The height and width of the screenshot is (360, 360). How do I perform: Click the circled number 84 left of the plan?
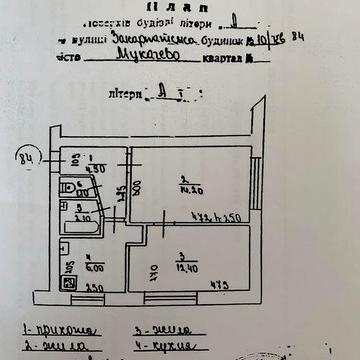[29, 156]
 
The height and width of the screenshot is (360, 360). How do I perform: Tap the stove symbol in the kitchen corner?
[69, 283]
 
